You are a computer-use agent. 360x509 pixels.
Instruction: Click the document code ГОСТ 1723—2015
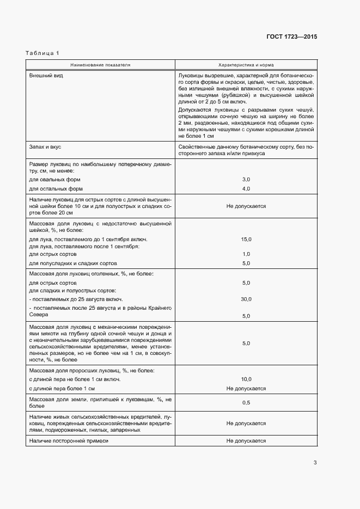click(291, 37)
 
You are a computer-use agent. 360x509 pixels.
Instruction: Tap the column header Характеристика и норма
click(246, 65)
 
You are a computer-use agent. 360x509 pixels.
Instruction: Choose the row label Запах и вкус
click(47, 146)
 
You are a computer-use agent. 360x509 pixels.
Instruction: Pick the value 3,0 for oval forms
click(246, 179)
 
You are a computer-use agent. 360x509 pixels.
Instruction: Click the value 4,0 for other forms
click(246, 189)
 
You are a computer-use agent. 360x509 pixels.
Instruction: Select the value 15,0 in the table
click(246, 240)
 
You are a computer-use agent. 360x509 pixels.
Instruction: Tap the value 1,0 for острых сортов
click(246, 254)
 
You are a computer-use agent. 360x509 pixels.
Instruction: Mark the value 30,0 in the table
click(246, 299)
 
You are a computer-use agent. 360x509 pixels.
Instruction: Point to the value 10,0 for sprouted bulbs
click(246, 379)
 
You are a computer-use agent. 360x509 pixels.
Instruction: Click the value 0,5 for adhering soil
click(246, 402)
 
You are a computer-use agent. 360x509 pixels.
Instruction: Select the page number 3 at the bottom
click(315, 463)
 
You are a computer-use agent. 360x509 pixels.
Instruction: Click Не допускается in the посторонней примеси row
click(246, 441)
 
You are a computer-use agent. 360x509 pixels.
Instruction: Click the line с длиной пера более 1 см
click(62, 389)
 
